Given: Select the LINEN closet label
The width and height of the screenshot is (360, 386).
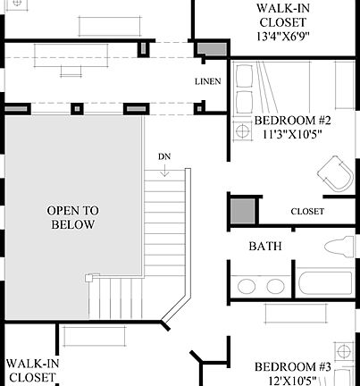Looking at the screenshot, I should tap(207, 82).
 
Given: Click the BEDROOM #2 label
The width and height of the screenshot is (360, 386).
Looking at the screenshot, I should tap(292, 122).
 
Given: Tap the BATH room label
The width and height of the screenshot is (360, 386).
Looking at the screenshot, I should tap(265, 245).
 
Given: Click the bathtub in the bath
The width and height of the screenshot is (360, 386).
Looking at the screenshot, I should tap(327, 283).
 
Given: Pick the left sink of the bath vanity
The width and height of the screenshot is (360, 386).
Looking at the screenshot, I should tap(245, 286).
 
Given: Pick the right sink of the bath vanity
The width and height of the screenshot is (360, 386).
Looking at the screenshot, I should tap(273, 286).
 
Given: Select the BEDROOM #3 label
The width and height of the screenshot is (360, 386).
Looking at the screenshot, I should tap(293, 366).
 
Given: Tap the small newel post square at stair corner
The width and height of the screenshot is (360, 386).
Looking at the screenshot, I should tap(88, 278).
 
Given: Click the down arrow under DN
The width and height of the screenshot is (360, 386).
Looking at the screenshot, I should tap(164, 170).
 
